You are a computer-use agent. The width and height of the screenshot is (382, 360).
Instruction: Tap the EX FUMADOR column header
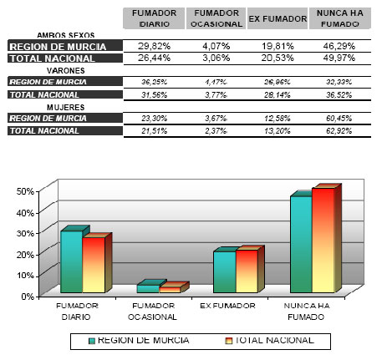277,19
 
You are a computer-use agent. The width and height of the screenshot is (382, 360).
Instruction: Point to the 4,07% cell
216,47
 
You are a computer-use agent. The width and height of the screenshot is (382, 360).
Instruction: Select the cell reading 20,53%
277,58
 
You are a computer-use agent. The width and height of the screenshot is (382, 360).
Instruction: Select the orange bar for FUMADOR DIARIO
94,265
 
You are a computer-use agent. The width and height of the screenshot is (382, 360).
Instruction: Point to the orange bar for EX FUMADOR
247,271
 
